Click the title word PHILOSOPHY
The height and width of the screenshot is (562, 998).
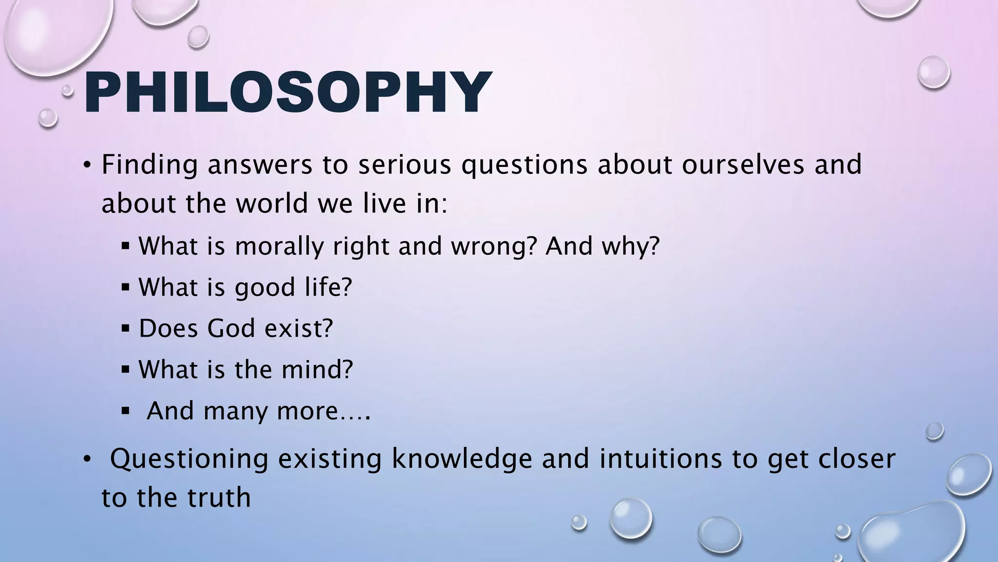(x=288, y=93)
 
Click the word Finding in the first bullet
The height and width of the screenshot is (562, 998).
(x=149, y=165)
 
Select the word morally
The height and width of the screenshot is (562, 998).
(x=279, y=246)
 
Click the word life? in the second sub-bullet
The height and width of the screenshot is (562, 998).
(x=328, y=287)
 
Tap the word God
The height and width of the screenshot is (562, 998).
(x=231, y=328)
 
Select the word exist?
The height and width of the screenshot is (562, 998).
(x=299, y=328)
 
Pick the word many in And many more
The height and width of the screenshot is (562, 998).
(x=235, y=411)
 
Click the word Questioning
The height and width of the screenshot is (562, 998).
(x=189, y=460)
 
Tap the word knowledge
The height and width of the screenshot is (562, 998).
(x=462, y=460)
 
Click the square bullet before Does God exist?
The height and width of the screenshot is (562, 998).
(x=126, y=328)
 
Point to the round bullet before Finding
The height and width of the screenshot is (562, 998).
(x=87, y=165)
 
